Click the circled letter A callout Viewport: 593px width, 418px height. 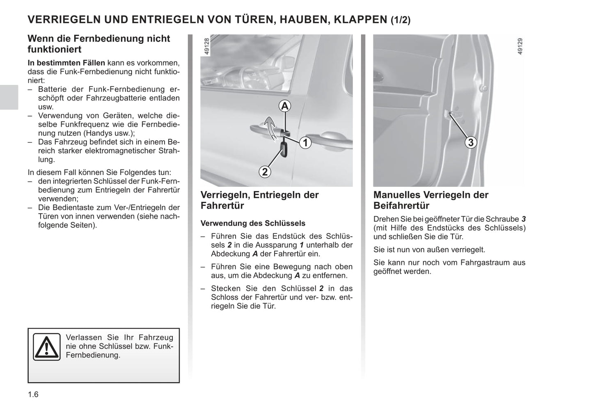(x=285, y=106)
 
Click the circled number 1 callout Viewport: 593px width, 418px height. (x=305, y=143)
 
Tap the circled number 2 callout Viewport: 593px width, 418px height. (x=265, y=171)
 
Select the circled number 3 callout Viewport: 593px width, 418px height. (x=471, y=142)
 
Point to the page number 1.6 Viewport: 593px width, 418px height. (x=33, y=395)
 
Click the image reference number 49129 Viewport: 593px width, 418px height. (x=520, y=46)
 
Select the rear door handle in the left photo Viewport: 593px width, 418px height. (x=329, y=139)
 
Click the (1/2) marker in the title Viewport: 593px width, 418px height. (x=400, y=20)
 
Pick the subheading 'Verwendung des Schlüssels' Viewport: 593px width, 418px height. (x=253, y=224)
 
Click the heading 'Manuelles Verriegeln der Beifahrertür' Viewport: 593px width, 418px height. (x=430, y=200)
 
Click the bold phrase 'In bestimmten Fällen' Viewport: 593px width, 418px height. (x=66, y=63)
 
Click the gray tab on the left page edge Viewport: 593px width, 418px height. (x=9, y=97)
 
